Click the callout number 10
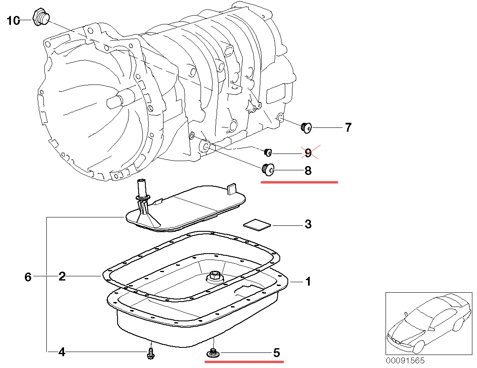(13, 20)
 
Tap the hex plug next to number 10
(40, 17)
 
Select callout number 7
(348, 127)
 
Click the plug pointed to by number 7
(306, 127)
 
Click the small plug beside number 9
(268, 152)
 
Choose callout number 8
(308, 171)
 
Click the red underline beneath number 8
(299, 183)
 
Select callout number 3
(308, 224)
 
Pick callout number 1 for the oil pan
(308, 281)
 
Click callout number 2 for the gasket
(62, 276)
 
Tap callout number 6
(28, 277)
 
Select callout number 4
(62, 352)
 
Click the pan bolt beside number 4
(150, 354)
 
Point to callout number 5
(276, 353)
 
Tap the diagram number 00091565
(405, 361)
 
